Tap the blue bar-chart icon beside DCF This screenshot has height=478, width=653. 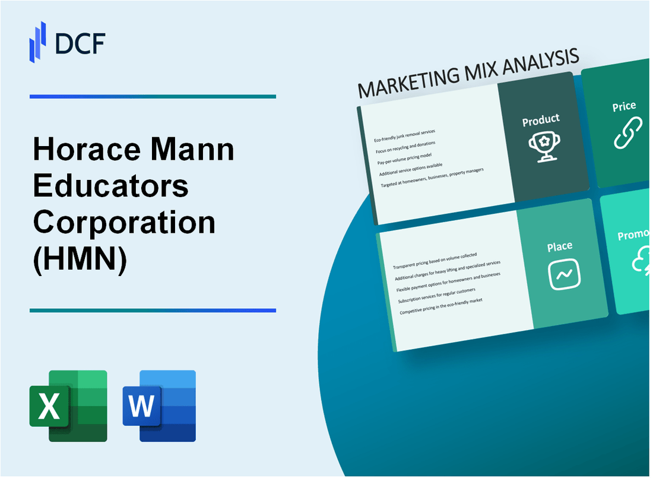pyautogui.click(x=38, y=41)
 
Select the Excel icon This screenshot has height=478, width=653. pyautogui.click(x=68, y=406)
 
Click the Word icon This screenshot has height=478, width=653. pyautogui.click(x=159, y=406)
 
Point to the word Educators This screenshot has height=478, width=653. pyautogui.click(x=111, y=186)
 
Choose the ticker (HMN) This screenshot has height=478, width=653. pyautogui.click(x=80, y=259)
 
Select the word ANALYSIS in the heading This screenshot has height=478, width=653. pyautogui.click(x=538, y=62)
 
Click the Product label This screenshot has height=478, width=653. pyautogui.click(x=540, y=121)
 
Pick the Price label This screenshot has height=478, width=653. pyautogui.click(x=624, y=107)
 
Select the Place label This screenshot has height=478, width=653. pyautogui.click(x=560, y=246)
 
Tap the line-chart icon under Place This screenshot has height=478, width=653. pyautogui.click(x=564, y=274)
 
